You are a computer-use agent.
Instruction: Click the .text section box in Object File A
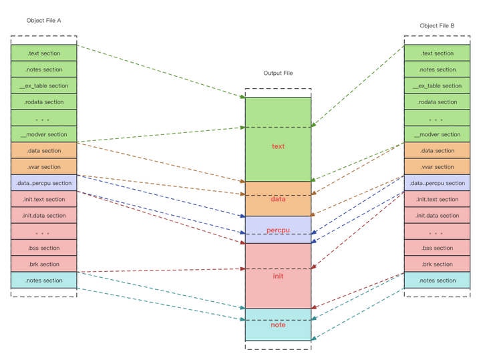[x=43, y=53]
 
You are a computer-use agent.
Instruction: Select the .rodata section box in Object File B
[x=437, y=102]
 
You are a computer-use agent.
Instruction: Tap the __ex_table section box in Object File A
[x=43, y=86]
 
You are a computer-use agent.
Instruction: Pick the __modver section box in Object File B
[x=437, y=134]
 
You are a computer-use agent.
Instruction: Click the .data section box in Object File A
[x=43, y=151]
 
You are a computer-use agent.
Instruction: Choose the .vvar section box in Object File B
[x=437, y=167]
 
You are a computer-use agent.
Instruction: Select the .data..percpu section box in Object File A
[x=43, y=183]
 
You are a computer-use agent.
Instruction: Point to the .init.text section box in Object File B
[x=437, y=199]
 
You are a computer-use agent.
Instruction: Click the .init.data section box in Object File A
[x=43, y=216]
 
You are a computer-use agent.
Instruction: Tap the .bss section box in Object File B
[x=437, y=248]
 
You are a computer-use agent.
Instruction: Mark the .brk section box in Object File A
[x=43, y=264]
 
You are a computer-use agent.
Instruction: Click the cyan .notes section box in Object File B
[x=437, y=281]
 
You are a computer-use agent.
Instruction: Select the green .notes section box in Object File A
[x=43, y=69]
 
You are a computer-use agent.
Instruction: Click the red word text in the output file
[x=278, y=146]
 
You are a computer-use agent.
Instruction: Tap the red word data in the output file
[x=278, y=199]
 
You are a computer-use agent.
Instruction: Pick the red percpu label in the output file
[x=278, y=230]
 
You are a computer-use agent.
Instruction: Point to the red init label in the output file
[x=278, y=275]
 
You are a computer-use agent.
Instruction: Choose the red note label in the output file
[x=278, y=325]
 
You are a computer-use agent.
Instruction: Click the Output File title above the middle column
[x=278, y=73]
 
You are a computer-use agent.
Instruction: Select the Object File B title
[x=437, y=25]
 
